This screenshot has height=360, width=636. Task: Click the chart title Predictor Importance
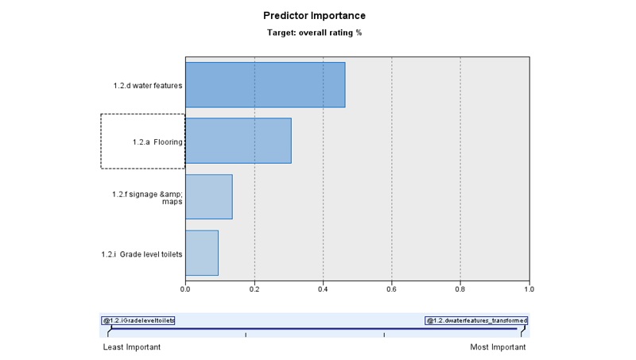(x=314, y=16)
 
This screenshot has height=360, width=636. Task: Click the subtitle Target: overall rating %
(x=314, y=33)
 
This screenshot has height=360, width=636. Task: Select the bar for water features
(x=265, y=84)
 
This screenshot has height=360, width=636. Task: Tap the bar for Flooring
(x=238, y=141)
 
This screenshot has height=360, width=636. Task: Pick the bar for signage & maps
(x=208, y=196)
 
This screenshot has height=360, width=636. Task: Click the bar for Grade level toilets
(x=201, y=253)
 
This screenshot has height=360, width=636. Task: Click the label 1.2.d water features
(x=148, y=85)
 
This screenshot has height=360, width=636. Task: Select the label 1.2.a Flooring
(x=157, y=142)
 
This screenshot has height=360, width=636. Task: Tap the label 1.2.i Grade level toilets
(x=142, y=254)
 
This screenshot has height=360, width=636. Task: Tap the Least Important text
(x=132, y=347)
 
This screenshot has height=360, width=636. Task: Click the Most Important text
(x=498, y=347)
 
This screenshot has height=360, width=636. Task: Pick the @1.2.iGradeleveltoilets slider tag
(x=138, y=320)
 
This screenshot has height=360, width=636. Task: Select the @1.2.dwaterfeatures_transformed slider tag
(x=476, y=320)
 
